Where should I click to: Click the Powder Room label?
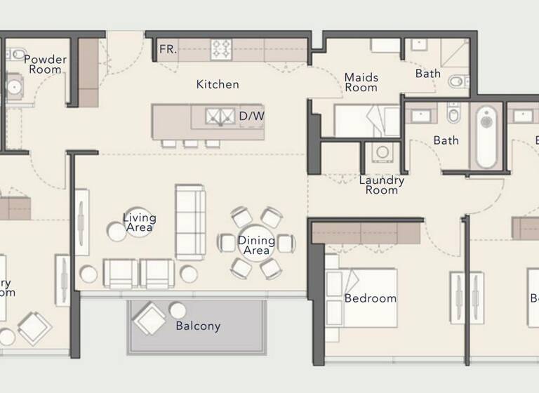click(x=45, y=65)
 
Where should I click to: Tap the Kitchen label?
click(x=217, y=84)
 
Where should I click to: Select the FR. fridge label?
click(x=168, y=49)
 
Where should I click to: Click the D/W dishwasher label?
click(x=251, y=116)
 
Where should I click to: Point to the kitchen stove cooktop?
click(x=222, y=49)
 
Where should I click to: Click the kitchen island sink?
click(x=221, y=116)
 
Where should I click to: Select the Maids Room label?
click(x=361, y=82)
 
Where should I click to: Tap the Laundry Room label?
click(x=382, y=185)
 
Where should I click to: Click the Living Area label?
click(x=139, y=222)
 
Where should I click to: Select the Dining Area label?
click(x=255, y=245)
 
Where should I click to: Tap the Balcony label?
click(x=198, y=326)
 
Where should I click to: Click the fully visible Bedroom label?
click(x=370, y=298)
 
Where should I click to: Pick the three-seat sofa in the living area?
click(x=190, y=222)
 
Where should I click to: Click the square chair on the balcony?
click(x=149, y=319)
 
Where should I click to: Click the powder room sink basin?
click(x=13, y=87)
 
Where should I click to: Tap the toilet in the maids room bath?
click(x=456, y=81)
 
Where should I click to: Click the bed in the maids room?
click(x=365, y=121)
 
